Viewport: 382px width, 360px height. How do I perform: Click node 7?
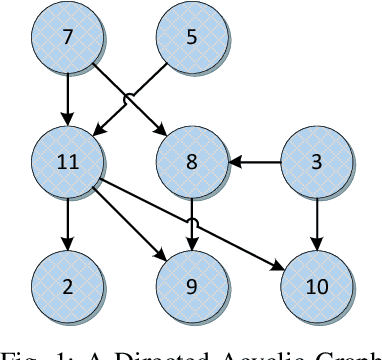coord(67,40)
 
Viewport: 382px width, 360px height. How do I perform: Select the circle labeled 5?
coord(193,40)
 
